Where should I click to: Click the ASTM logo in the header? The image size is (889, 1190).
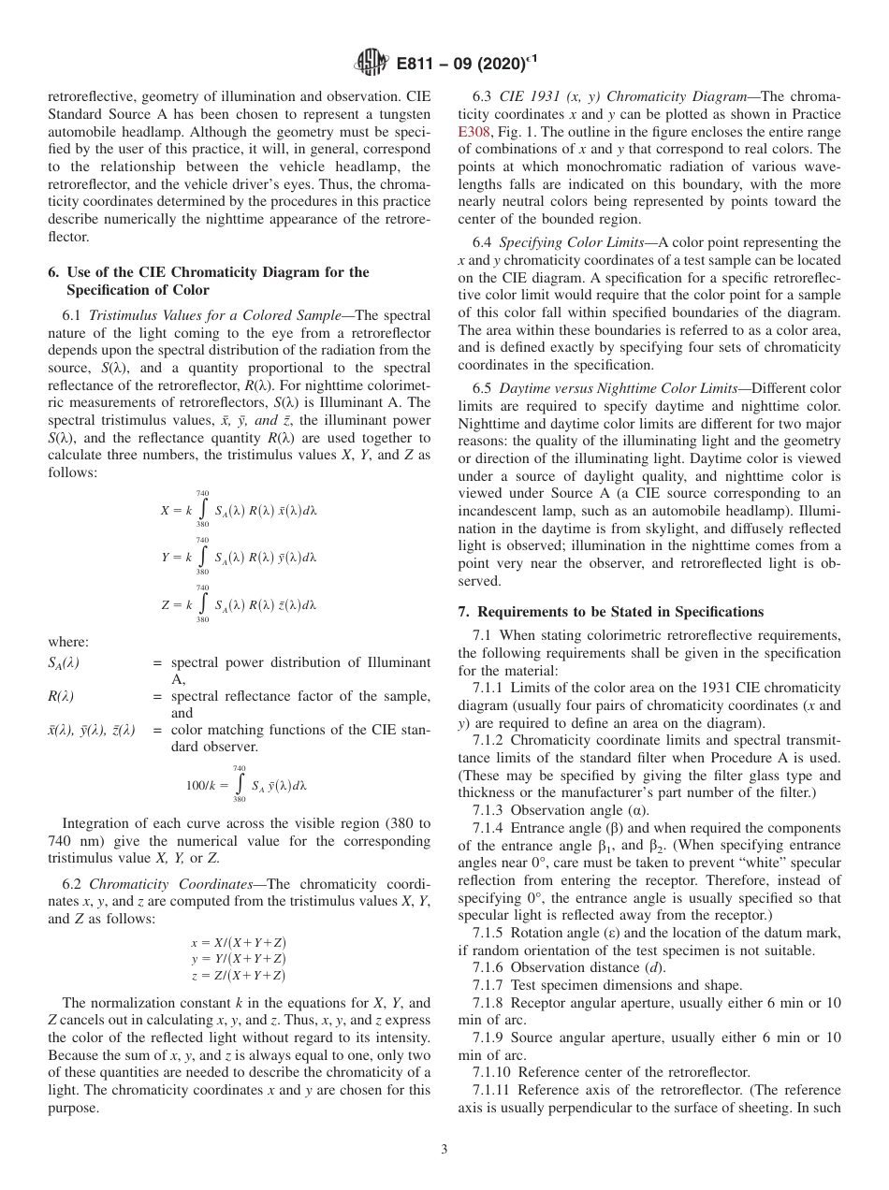[x=371, y=64]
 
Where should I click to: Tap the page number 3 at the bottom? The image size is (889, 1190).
[x=444, y=1150]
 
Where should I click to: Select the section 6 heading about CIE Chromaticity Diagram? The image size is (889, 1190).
[x=208, y=281]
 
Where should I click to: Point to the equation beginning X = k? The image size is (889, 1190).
[x=239, y=510]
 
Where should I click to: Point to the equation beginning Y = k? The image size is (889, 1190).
[x=239, y=557]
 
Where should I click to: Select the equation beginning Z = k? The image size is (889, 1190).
[x=239, y=604]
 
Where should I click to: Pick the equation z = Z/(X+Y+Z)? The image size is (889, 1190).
[x=238, y=975]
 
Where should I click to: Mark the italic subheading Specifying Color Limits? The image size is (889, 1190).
[x=569, y=243]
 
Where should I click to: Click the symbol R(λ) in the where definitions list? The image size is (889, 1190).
[x=61, y=695]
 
